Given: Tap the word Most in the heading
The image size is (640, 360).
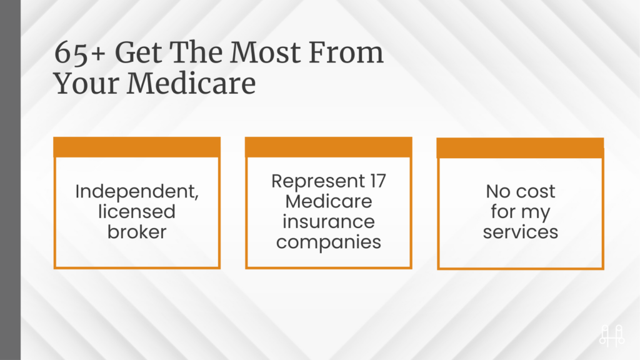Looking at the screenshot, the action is [265, 52].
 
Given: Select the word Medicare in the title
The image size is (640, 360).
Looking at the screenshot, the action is [191, 84].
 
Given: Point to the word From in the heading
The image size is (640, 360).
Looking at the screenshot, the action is [346, 52].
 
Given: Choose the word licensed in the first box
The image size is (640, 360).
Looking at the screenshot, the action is [137, 211].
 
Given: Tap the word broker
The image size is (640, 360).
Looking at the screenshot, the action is [137, 232].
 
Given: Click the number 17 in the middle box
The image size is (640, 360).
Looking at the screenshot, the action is [378, 181].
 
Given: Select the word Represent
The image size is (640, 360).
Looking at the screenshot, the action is [318, 181].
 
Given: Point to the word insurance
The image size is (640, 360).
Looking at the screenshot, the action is [329, 222].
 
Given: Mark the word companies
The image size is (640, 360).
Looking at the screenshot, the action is [329, 242].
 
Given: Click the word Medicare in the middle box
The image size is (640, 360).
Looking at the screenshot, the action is [329, 201].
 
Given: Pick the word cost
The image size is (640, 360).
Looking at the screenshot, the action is [536, 191].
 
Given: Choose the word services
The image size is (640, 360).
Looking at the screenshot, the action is [521, 232].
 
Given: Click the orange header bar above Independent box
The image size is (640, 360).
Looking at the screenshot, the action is [137, 147].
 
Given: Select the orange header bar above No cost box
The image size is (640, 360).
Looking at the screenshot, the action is [521, 147].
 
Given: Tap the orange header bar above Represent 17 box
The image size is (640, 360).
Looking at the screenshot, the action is [329, 147].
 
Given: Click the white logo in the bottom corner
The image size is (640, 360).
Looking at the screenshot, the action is [611, 336].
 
